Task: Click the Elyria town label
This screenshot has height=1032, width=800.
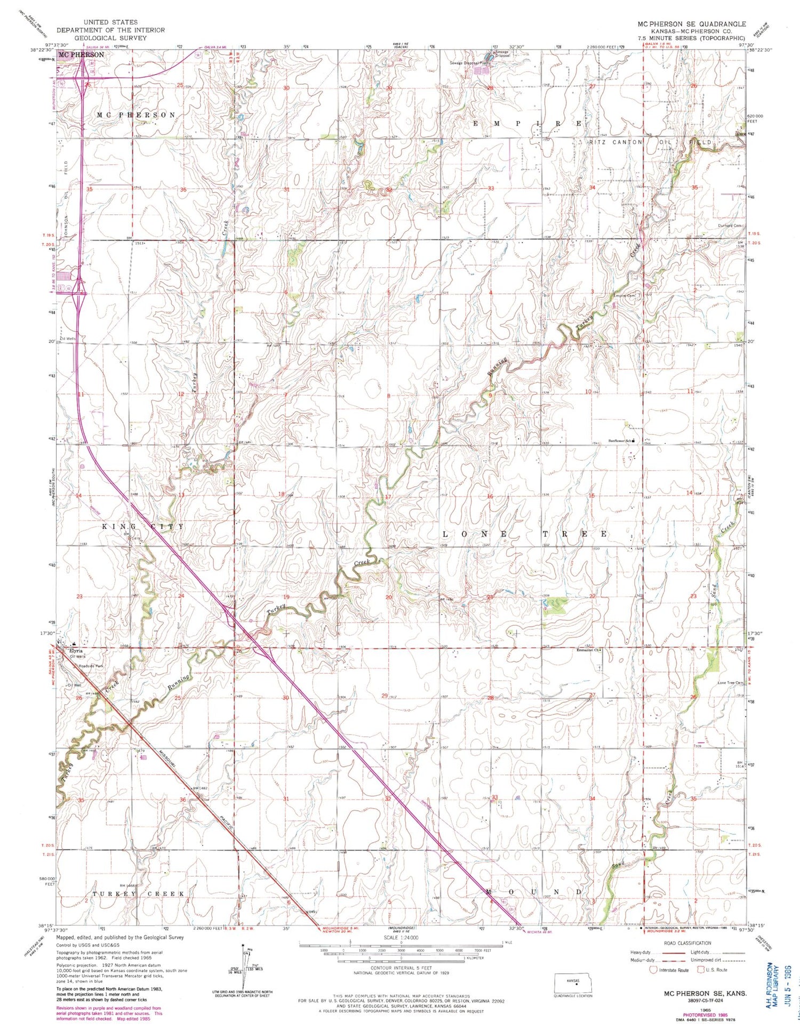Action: click(75, 651)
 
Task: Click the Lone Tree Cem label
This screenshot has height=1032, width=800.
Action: click(730, 683)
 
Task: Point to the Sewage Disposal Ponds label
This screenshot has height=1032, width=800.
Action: click(469, 63)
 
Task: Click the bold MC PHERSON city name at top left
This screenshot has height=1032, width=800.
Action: click(81, 54)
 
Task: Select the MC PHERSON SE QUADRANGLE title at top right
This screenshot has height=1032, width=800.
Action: click(692, 24)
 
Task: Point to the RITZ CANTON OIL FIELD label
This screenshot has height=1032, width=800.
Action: click(650, 143)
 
